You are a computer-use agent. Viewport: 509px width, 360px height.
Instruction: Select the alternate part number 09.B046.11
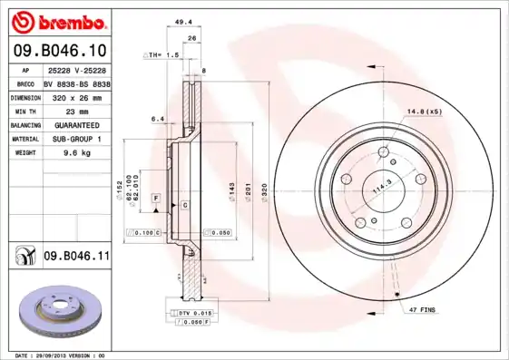click(76, 258)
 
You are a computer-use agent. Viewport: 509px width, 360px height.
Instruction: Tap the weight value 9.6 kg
click(75, 153)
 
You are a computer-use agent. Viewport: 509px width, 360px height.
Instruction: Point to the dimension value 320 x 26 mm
click(75, 95)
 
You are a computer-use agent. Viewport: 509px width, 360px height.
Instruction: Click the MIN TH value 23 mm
click(75, 110)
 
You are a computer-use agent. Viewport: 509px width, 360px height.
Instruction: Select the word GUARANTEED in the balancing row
click(75, 124)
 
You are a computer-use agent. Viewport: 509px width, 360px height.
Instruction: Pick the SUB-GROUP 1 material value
click(75, 139)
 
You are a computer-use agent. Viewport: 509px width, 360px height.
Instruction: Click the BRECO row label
click(26, 82)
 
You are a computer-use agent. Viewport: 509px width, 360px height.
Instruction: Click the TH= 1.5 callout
click(163, 56)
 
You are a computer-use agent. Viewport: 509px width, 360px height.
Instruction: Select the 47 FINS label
click(423, 310)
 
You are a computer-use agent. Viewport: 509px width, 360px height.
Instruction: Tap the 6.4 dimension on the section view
click(157, 119)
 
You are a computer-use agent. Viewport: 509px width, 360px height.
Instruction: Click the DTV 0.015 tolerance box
click(194, 312)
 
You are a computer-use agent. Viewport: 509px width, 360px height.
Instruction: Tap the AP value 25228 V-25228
click(75, 70)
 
